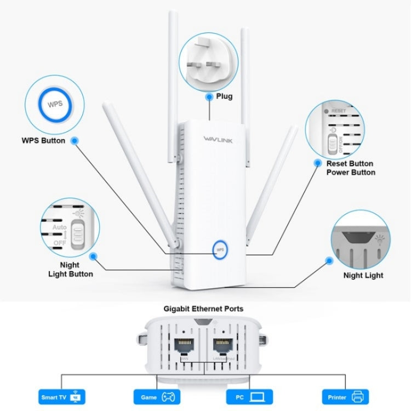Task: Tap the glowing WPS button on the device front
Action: (x=220, y=249)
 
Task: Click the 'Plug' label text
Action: (x=224, y=96)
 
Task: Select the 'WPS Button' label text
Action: (x=43, y=140)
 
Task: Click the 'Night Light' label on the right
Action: (x=363, y=275)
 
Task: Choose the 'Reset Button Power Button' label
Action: (x=351, y=168)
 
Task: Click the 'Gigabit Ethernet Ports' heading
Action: (x=203, y=309)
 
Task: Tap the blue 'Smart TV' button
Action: (x=60, y=397)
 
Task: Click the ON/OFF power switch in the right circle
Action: (x=332, y=144)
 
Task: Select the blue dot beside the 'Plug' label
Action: (x=209, y=96)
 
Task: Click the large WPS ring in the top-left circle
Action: (x=55, y=104)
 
